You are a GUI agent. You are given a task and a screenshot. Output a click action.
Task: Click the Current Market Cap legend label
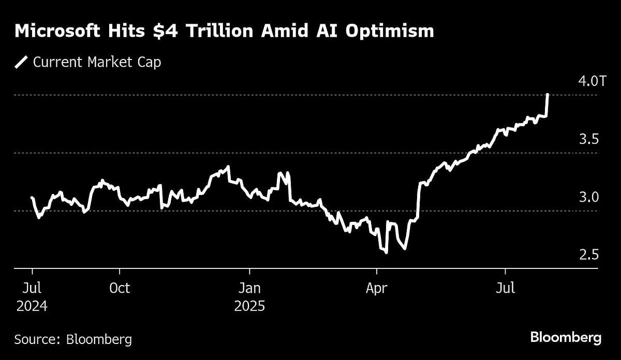tap(97, 63)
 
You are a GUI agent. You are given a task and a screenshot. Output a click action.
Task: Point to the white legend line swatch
tap(22, 63)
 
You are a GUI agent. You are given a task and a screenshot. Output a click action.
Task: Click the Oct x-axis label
tap(120, 288)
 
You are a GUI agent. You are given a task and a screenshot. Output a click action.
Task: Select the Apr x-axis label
tap(377, 288)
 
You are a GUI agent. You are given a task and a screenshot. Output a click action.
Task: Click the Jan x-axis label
tap(250, 288)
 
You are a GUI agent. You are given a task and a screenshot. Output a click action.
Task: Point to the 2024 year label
tap(32, 306)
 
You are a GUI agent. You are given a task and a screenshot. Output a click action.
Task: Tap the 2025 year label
tap(250, 306)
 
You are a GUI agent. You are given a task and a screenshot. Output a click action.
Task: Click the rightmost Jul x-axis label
tap(505, 288)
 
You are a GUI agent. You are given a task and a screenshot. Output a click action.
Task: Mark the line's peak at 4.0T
tap(548, 95)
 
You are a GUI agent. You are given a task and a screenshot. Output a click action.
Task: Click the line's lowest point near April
tap(386, 252)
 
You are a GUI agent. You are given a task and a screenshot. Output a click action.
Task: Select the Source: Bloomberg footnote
tap(73, 339)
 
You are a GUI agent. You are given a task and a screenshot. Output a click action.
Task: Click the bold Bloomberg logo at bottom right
tap(566, 338)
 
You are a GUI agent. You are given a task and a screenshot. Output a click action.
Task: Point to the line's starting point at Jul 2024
tap(32, 198)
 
